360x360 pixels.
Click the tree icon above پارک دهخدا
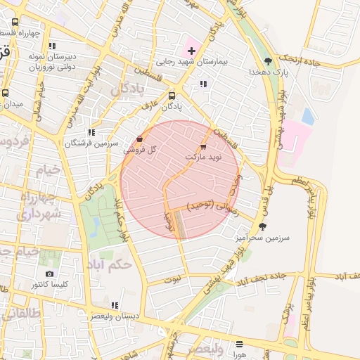click(269, 61)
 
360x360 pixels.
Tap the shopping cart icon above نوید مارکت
click(203, 147)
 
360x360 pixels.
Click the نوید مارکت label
click(203, 157)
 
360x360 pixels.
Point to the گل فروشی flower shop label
click(144, 150)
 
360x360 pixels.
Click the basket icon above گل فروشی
click(139, 139)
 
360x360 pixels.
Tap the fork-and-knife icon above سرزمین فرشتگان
click(91, 132)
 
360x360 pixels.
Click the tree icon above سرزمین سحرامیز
click(263, 226)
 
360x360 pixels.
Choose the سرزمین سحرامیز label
click(263, 238)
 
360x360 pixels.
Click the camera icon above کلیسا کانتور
click(49, 274)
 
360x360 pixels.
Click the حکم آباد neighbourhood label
click(110, 264)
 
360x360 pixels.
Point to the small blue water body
click(307, 116)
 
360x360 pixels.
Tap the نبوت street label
click(172, 278)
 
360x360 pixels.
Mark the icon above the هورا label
click(240, 345)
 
